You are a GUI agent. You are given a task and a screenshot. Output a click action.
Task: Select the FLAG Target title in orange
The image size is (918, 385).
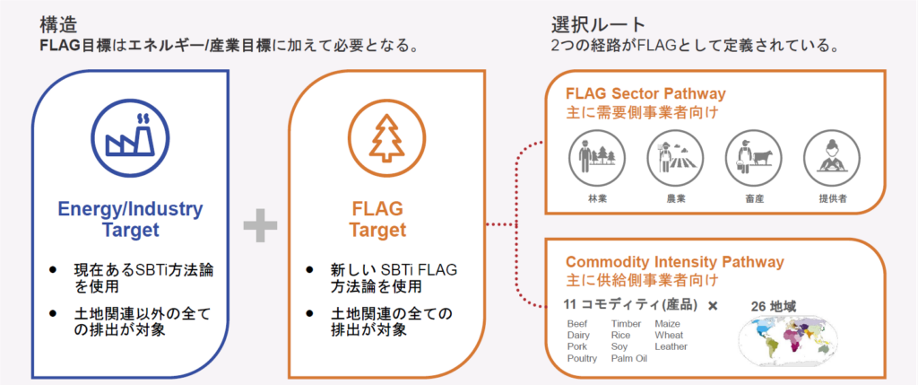[377, 219]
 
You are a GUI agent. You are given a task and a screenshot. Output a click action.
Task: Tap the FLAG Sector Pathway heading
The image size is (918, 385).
[645, 93]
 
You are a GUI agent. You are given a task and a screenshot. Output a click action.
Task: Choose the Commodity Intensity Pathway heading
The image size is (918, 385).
[674, 262]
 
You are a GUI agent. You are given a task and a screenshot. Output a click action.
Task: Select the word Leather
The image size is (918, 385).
[671, 346]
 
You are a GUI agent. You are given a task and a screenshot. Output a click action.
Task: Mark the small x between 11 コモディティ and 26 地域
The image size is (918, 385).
[714, 306]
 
